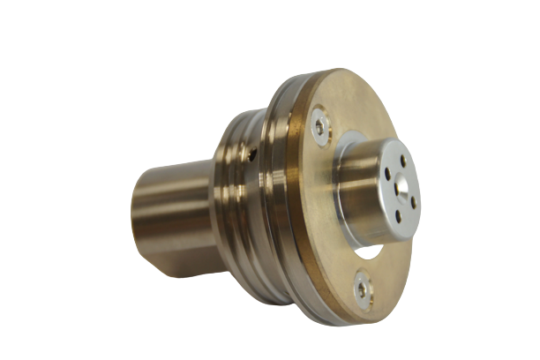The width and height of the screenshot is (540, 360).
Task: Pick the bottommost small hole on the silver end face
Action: [x=401, y=216]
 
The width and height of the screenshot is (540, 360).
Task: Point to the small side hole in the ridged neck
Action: [x=253, y=156]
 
